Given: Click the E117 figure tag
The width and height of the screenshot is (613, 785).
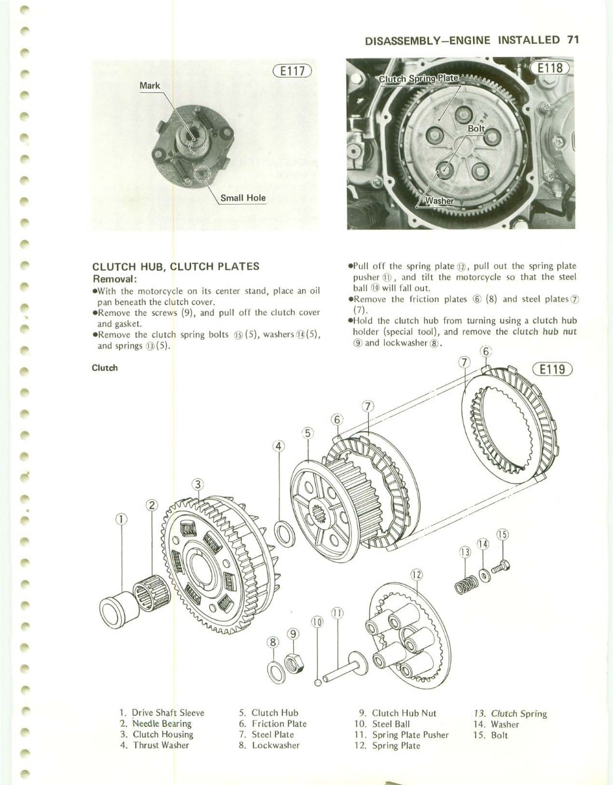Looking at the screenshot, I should (x=293, y=71).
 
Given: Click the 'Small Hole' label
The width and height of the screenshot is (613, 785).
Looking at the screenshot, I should (x=243, y=198).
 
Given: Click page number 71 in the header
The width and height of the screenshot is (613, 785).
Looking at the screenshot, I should (x=573, y=39).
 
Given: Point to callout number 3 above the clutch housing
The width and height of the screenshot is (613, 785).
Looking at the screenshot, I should (x=199, y=485).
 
